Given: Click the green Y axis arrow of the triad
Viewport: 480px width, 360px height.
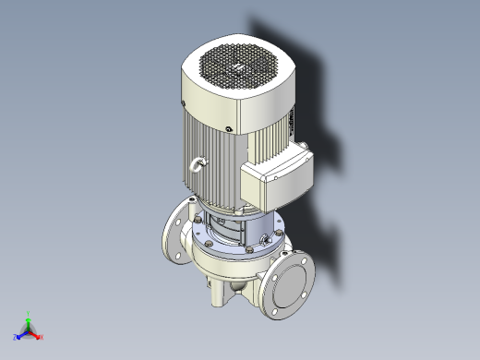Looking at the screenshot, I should pyautogui.click(x=29, y=315).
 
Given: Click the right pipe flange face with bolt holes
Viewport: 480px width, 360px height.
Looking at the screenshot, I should pyautogui.click(x=290, y=285).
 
